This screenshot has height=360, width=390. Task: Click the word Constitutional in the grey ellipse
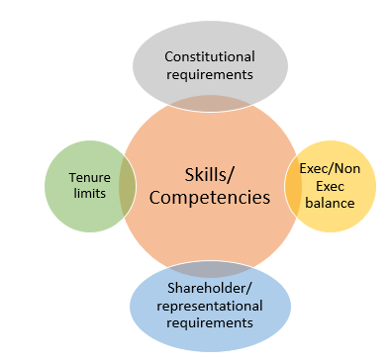(210, 55)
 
